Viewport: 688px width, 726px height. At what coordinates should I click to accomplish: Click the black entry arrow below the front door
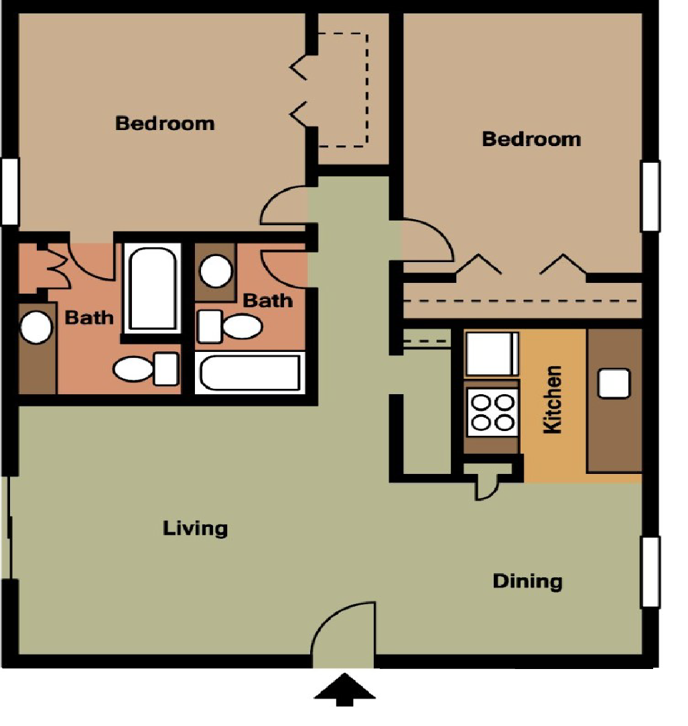click(344, 691)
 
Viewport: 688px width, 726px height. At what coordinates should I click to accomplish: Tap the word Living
click(195, 528)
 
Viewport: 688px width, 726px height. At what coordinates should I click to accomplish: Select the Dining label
click(528, 581)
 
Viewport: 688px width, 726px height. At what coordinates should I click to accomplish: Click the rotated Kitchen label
click(553, 400)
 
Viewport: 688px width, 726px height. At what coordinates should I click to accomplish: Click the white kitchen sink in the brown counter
click(614, 383)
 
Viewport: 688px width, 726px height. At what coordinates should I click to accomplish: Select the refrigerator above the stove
click(492, 353)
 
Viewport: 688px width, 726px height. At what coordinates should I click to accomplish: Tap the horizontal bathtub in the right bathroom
click(250, 372)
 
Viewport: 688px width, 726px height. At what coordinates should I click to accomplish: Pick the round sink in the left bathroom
click(36, 328)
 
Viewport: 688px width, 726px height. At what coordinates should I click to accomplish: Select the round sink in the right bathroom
click(216, 270)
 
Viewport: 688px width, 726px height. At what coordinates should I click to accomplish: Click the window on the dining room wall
click(650, 572)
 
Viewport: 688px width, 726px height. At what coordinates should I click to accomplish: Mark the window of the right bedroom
click(650, 196)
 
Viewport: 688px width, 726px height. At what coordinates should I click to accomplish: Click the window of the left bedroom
click(9, 191)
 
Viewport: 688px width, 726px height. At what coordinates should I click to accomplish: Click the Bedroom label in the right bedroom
click(531, 139)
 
